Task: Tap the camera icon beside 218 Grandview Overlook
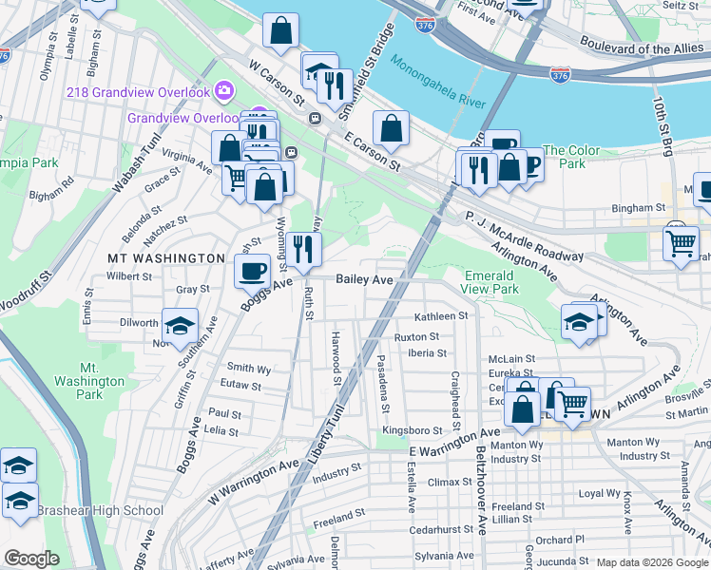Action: (x=224, y=91)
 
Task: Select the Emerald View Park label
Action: (x=490, y=282)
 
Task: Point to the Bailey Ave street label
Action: (x=364, y=278)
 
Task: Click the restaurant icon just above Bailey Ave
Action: (x=304, y=250)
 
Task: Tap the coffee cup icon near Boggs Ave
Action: (x=252, y=272)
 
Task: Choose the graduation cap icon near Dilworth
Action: (x=180, y=325)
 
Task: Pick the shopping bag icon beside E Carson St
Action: (x=391, y=126)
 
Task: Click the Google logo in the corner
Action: (x=31, y=559)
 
